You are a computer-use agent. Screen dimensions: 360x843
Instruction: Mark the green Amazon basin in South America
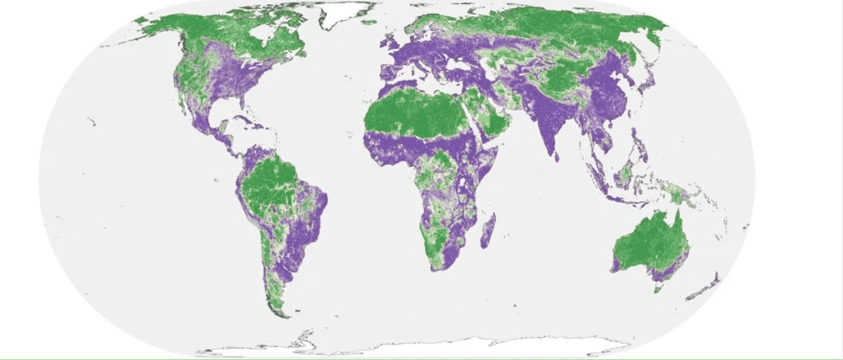pos(278,185)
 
